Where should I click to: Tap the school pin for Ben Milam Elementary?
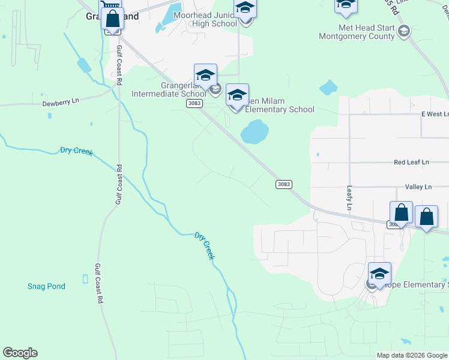pyautogui.click(x=237, y=95)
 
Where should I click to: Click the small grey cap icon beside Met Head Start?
pyautogui.click(x=404, y=31)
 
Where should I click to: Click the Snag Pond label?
pyautogui.click(x=46, y=286)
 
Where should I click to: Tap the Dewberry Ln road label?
pyautogui.click(x=61, y=103)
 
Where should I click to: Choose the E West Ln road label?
pyautogui.click(x=435, y=114)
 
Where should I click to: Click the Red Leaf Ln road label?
pyautogui.click(x=411, y=162)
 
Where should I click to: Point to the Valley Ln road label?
pyautogui.click(x=418, y=187)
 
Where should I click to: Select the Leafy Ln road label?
pyautogui.click(x=349, y=197)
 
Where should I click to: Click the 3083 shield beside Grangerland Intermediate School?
pyautogui.click(x=194, y=103)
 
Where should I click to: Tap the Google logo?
pyautogui.click(x=20, y=353)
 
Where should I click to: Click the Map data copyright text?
pyautogui.click(x=411, y=355)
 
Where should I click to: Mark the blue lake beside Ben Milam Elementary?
pyautogui.click(x=255, y=131)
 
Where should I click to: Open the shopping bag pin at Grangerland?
pyautogui.click(x=112, y=19)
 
